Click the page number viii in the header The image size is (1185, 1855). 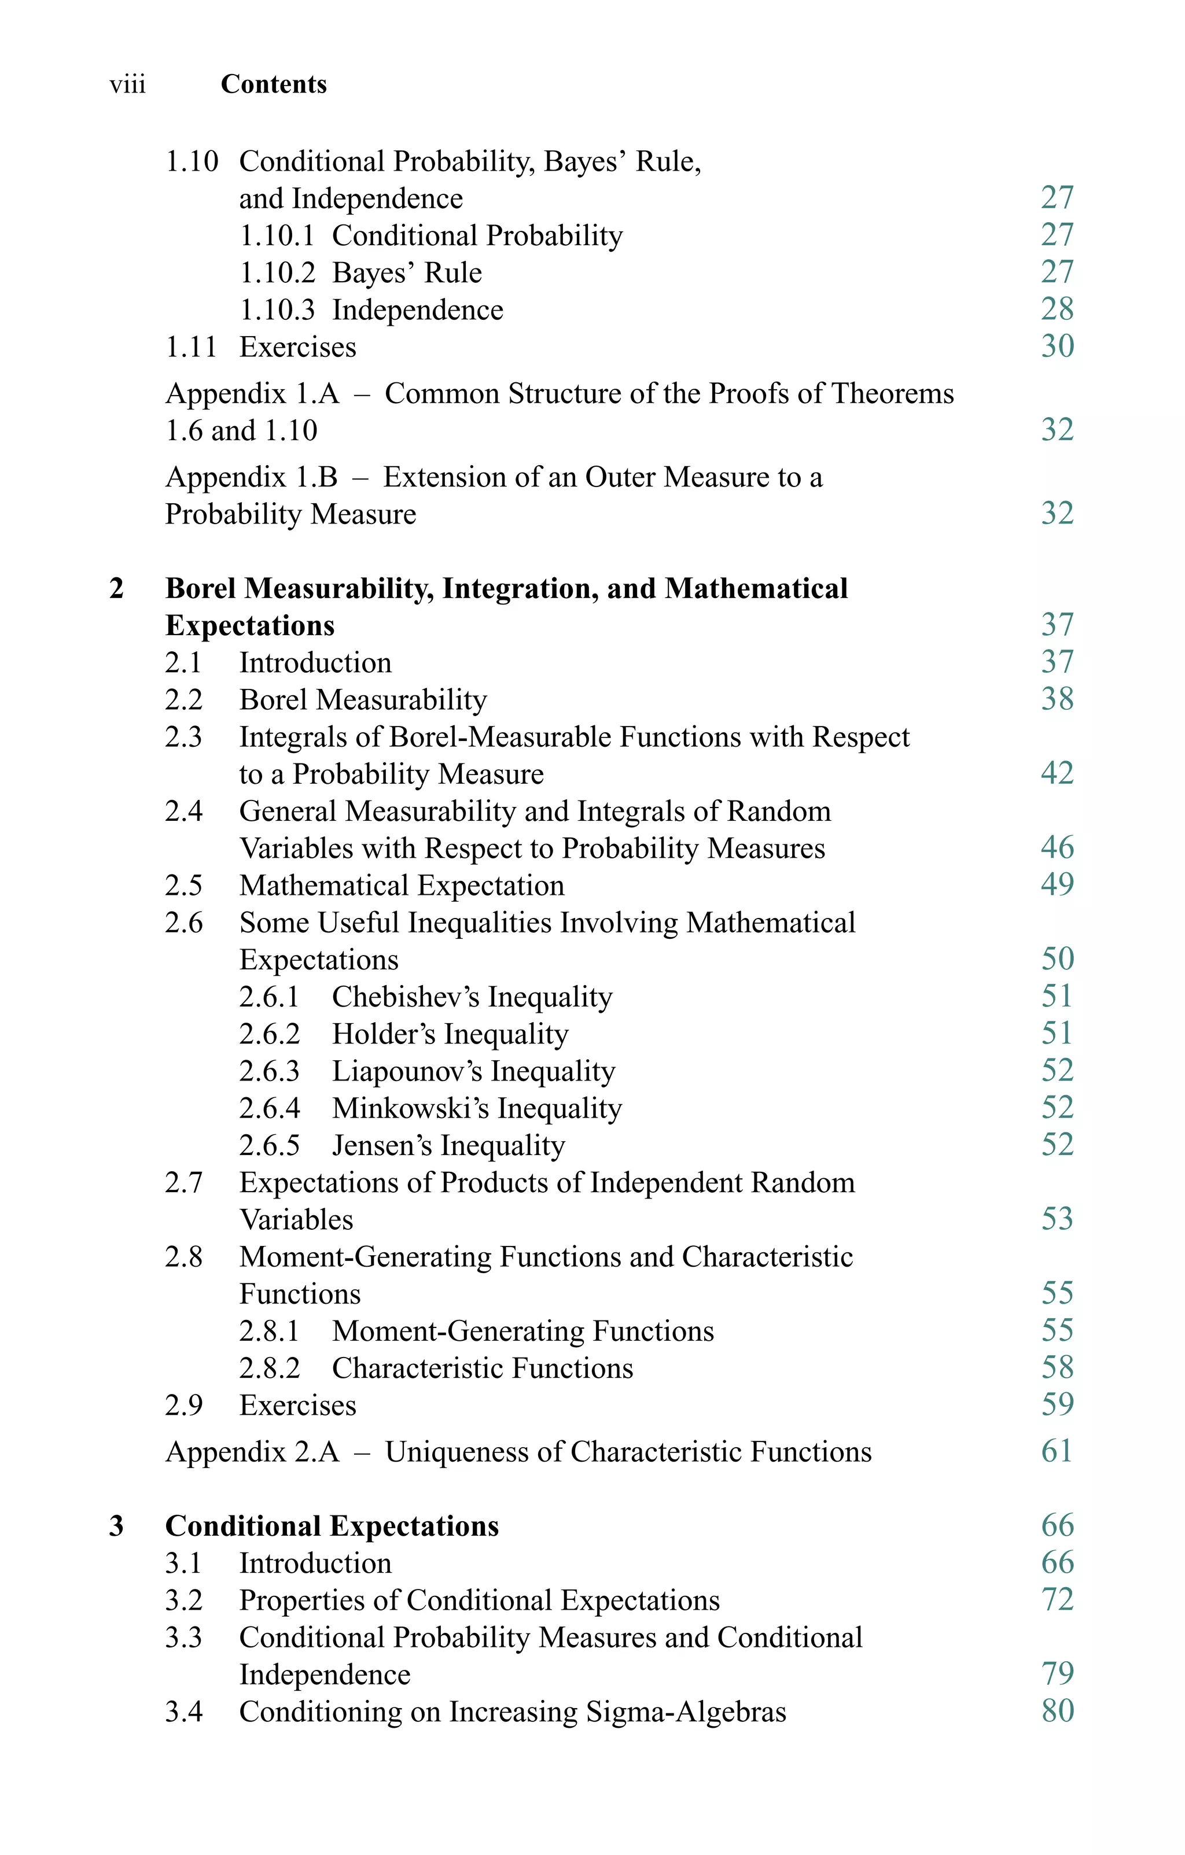point(127,84)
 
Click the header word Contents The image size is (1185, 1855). point(274,84)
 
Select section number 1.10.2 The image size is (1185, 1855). point(277,272)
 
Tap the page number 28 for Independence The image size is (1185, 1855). point(1057,309)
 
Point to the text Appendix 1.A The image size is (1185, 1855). point(252,394)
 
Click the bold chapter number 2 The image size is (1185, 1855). point(116,589)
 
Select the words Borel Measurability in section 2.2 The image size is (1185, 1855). point(363,699)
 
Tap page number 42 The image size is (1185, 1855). point(1057,773)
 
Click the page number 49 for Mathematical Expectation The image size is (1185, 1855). point(1057,884)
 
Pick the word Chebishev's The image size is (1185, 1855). point(404,997)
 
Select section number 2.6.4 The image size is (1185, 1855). point(269,1108)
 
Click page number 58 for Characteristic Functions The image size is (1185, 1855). point(1057,1367)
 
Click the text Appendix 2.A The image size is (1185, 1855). point(252,1452)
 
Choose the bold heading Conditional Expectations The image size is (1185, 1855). point(332,1526)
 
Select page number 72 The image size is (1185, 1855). point(1057,1600)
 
